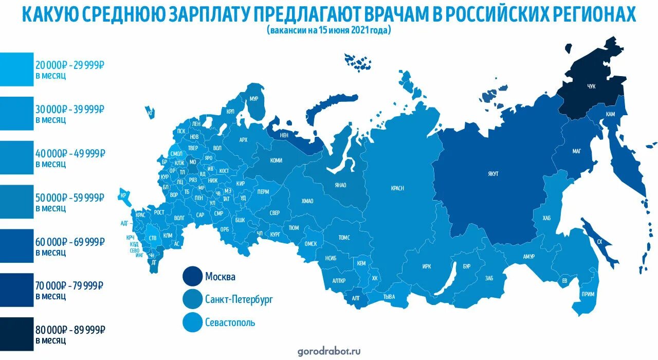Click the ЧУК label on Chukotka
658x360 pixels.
[x=591, y=86]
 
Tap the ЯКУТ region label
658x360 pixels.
[x=493, y=174]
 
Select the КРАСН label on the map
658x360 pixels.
[x=397, y=188]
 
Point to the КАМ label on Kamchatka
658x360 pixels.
[x=610, y=114]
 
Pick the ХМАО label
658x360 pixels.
[x=307, y=201]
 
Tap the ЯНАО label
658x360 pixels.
[x=340, y=185]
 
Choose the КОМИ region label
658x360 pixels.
[x=276, y=160]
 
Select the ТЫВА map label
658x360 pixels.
[x=389, y=297]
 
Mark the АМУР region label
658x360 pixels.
[x=529, y=257]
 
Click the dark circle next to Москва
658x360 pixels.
[x=192, y=277]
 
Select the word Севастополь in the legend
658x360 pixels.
[x=230, y=323]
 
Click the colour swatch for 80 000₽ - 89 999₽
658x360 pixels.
[x=16, y=334]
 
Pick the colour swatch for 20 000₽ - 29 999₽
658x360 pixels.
[x=16, y=69]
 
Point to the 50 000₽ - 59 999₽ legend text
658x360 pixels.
[x=70, y=197]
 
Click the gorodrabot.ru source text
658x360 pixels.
[x=329, y=352]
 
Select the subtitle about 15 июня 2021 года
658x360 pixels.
[x=329, y=30]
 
